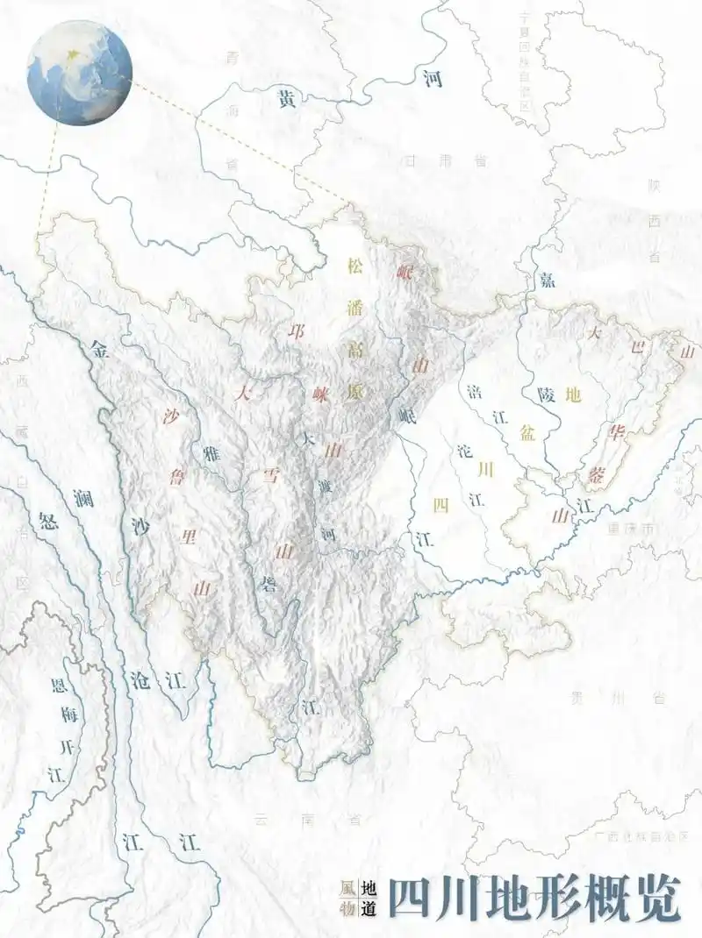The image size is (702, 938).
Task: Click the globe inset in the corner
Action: coord(79,73)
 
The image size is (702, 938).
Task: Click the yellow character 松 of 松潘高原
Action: coord(355,264)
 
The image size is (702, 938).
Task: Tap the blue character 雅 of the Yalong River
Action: coord(211,453)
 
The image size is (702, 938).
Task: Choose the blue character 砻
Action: coord(268,582)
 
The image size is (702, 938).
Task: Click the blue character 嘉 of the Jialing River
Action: coord(547,279)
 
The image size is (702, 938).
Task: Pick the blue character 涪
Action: coord(475,389)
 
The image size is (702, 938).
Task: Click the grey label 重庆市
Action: coord(631,529)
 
